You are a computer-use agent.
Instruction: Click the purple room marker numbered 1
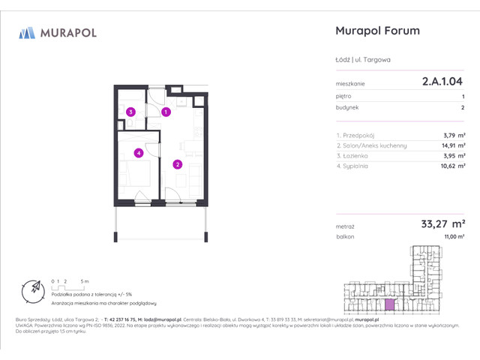click(166, 112)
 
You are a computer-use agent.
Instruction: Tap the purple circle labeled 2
click(178, 164)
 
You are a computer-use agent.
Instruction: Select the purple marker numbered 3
click(130, 112)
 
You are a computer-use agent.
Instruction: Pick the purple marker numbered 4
click(138, 153)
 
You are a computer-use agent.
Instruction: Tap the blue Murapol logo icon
click(28, 33)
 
